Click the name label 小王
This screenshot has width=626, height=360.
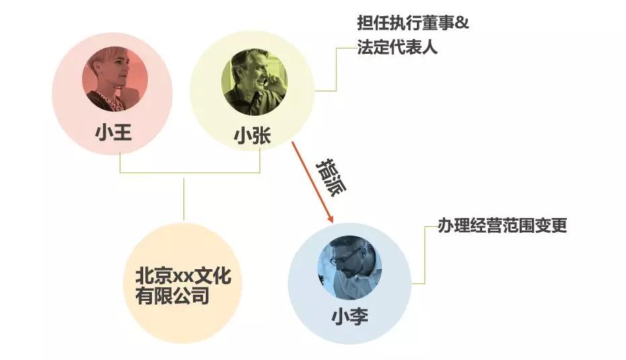tap(114, 133)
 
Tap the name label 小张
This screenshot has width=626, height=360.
tap(252, 135)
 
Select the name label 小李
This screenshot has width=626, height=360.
tap(350, 316)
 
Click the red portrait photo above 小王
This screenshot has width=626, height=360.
tap(115, 79)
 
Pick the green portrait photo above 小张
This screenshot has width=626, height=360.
tap(254, 82)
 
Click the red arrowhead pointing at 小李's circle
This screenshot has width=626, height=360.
tap(329, 218)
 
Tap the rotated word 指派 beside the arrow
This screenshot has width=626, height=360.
tap(331, 177)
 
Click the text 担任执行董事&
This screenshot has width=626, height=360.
tap(413, 23)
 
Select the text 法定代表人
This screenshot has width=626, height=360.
tap(397, 47)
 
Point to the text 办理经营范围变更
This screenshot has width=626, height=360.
tap(502, 225)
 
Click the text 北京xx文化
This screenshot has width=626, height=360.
tap(184, 276)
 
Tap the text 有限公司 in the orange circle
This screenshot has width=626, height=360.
tap(172, 296)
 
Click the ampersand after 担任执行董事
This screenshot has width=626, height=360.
tap(462, 23)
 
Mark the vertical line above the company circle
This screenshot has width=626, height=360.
tap(184, 199)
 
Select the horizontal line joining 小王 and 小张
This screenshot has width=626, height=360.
tap(190, 173)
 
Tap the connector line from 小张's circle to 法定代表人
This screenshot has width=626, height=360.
tap(336, 69)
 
